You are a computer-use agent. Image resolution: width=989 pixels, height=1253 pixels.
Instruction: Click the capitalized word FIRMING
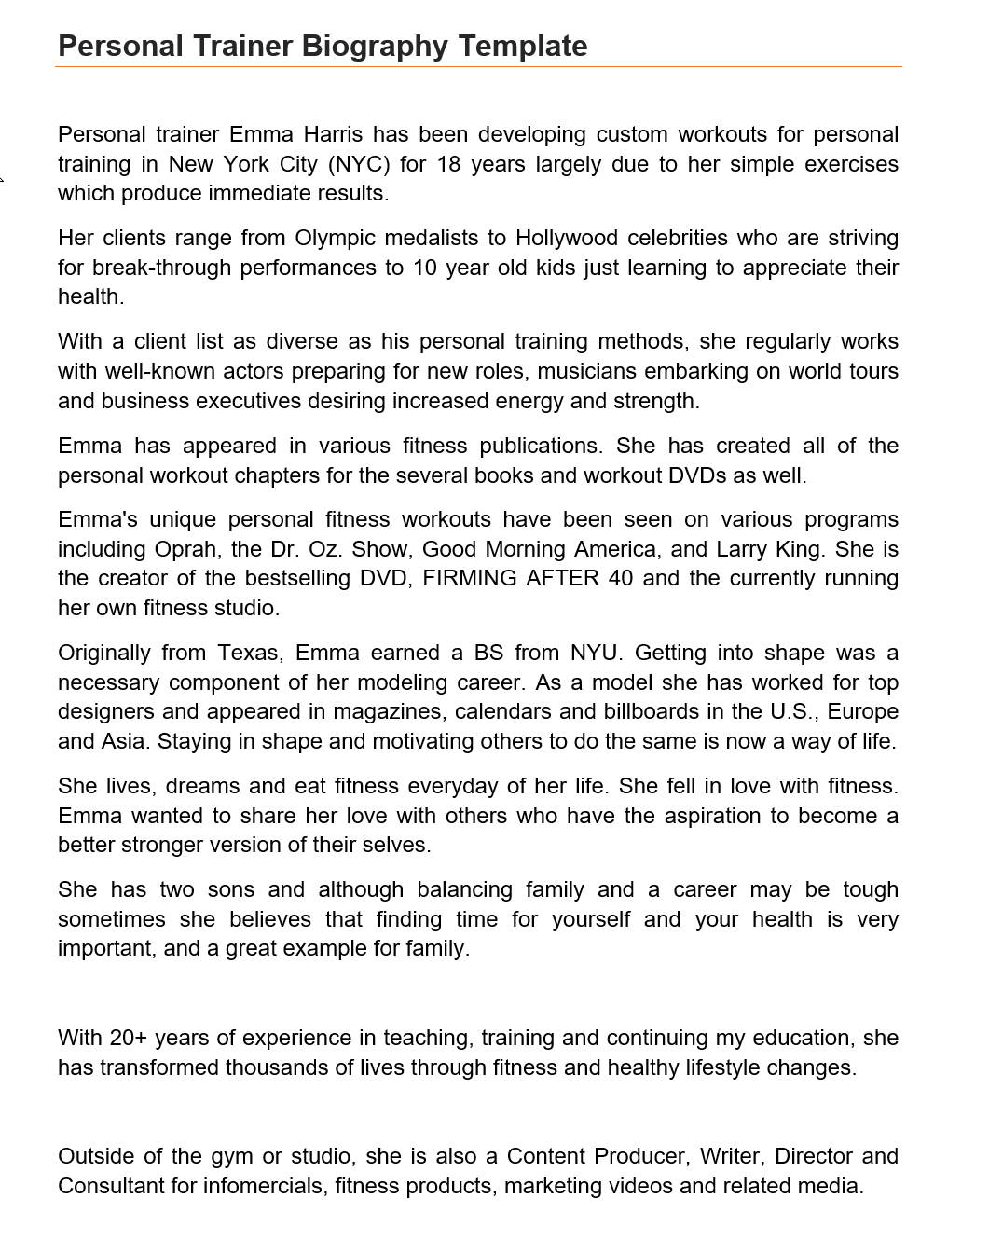(x=470, y=578)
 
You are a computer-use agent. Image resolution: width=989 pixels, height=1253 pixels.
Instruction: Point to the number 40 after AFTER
(x=620, y=578)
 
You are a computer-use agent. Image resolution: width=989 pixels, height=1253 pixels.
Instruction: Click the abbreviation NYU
(x=593, y=653)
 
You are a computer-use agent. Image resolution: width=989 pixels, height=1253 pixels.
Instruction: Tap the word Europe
(x=862, y=711)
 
